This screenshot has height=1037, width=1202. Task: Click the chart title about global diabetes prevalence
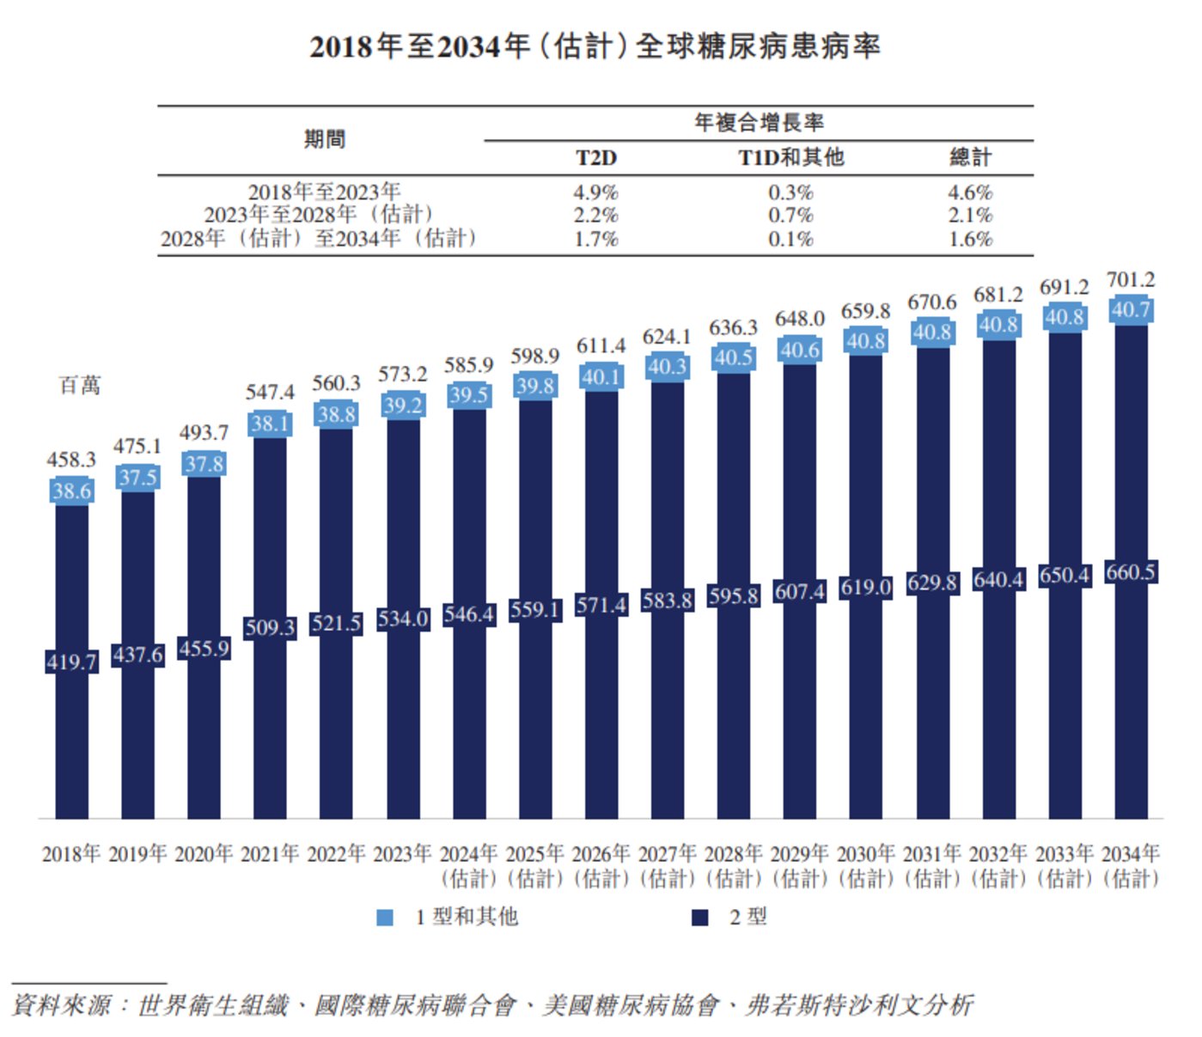click(x=595, y=46)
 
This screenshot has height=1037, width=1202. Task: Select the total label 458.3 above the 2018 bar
click(x=71, y=460)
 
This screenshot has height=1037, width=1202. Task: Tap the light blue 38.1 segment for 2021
click(x=270, y=424)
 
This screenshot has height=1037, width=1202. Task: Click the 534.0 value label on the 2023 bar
click(x=402, y=619)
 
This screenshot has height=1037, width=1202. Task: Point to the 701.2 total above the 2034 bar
click(x=1130, y=280)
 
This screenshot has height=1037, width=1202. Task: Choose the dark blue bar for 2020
click(x=204, y=730)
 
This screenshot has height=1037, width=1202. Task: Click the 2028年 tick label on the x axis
click(x=733, y=854)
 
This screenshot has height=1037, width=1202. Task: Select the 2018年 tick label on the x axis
click(x=71, y=854)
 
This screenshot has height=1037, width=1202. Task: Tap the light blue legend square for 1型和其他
click(x=385, y=918)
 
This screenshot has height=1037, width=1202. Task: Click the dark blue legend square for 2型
click(x=700, y=918)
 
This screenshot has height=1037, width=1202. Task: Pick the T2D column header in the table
click(x=596, y=158)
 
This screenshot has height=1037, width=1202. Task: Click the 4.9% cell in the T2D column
click(x=595, y=192)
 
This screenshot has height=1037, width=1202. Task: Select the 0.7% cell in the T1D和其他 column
click(x=790, y=215)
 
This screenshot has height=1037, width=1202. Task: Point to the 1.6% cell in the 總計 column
click(x=970, y=239)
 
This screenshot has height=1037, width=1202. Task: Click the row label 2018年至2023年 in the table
click(x=324, y=192)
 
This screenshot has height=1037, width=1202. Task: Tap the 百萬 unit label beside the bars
click(x=80, y=386)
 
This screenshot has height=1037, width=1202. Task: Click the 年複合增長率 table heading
click(x=759, y=123)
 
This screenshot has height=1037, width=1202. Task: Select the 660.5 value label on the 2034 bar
click(x=1130, y=572)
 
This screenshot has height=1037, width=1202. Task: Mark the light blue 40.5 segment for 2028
click(x=733, y=357)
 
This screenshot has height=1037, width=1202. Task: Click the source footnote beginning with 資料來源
click(x=492, y=1005)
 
